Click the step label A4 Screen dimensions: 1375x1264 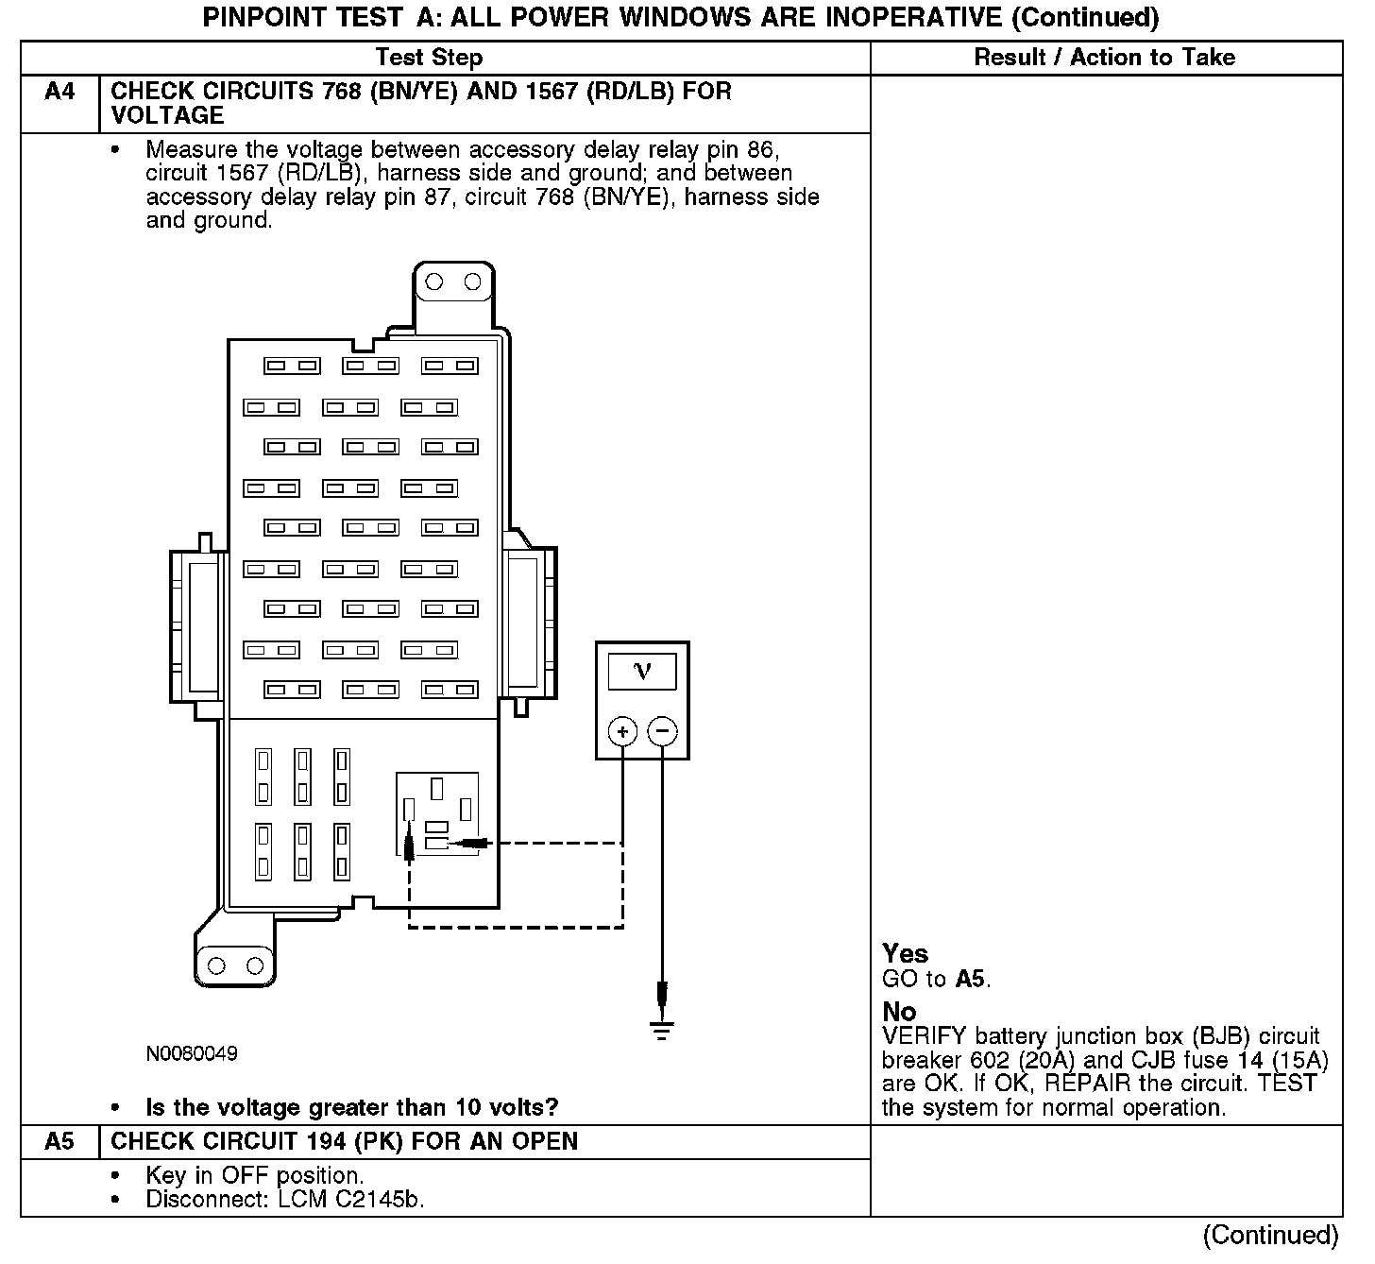[x=59, y=93]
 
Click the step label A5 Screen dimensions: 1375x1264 [x=59, y=1142]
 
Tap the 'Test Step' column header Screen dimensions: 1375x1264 [x=429, y=58]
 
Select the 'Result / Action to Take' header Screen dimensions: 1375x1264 [x=1104, y=58]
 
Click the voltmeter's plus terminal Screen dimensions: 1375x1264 [x=622, y=730]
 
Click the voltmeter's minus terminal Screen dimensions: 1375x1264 [x=663, y=730]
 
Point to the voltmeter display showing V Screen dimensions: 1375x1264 [x=642, y=671]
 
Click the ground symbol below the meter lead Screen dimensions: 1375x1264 [x=663, y=1030]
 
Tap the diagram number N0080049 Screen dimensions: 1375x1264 [x=192, y=1053]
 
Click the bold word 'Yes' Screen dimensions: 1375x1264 [x=905, y=953]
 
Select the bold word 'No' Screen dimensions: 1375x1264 [x=899, y=1012]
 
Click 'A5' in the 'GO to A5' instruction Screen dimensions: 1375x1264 [x=970, y=979]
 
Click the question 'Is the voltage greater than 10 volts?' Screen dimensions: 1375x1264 [x=351, y=1107]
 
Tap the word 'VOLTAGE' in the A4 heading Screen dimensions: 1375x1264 [x=167, y=116]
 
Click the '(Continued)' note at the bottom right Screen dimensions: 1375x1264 [x=1270, y=1236]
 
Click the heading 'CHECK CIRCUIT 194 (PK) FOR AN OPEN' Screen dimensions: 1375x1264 [x=344, y=1142]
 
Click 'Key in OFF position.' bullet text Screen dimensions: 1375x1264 [x=255, y=1176]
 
